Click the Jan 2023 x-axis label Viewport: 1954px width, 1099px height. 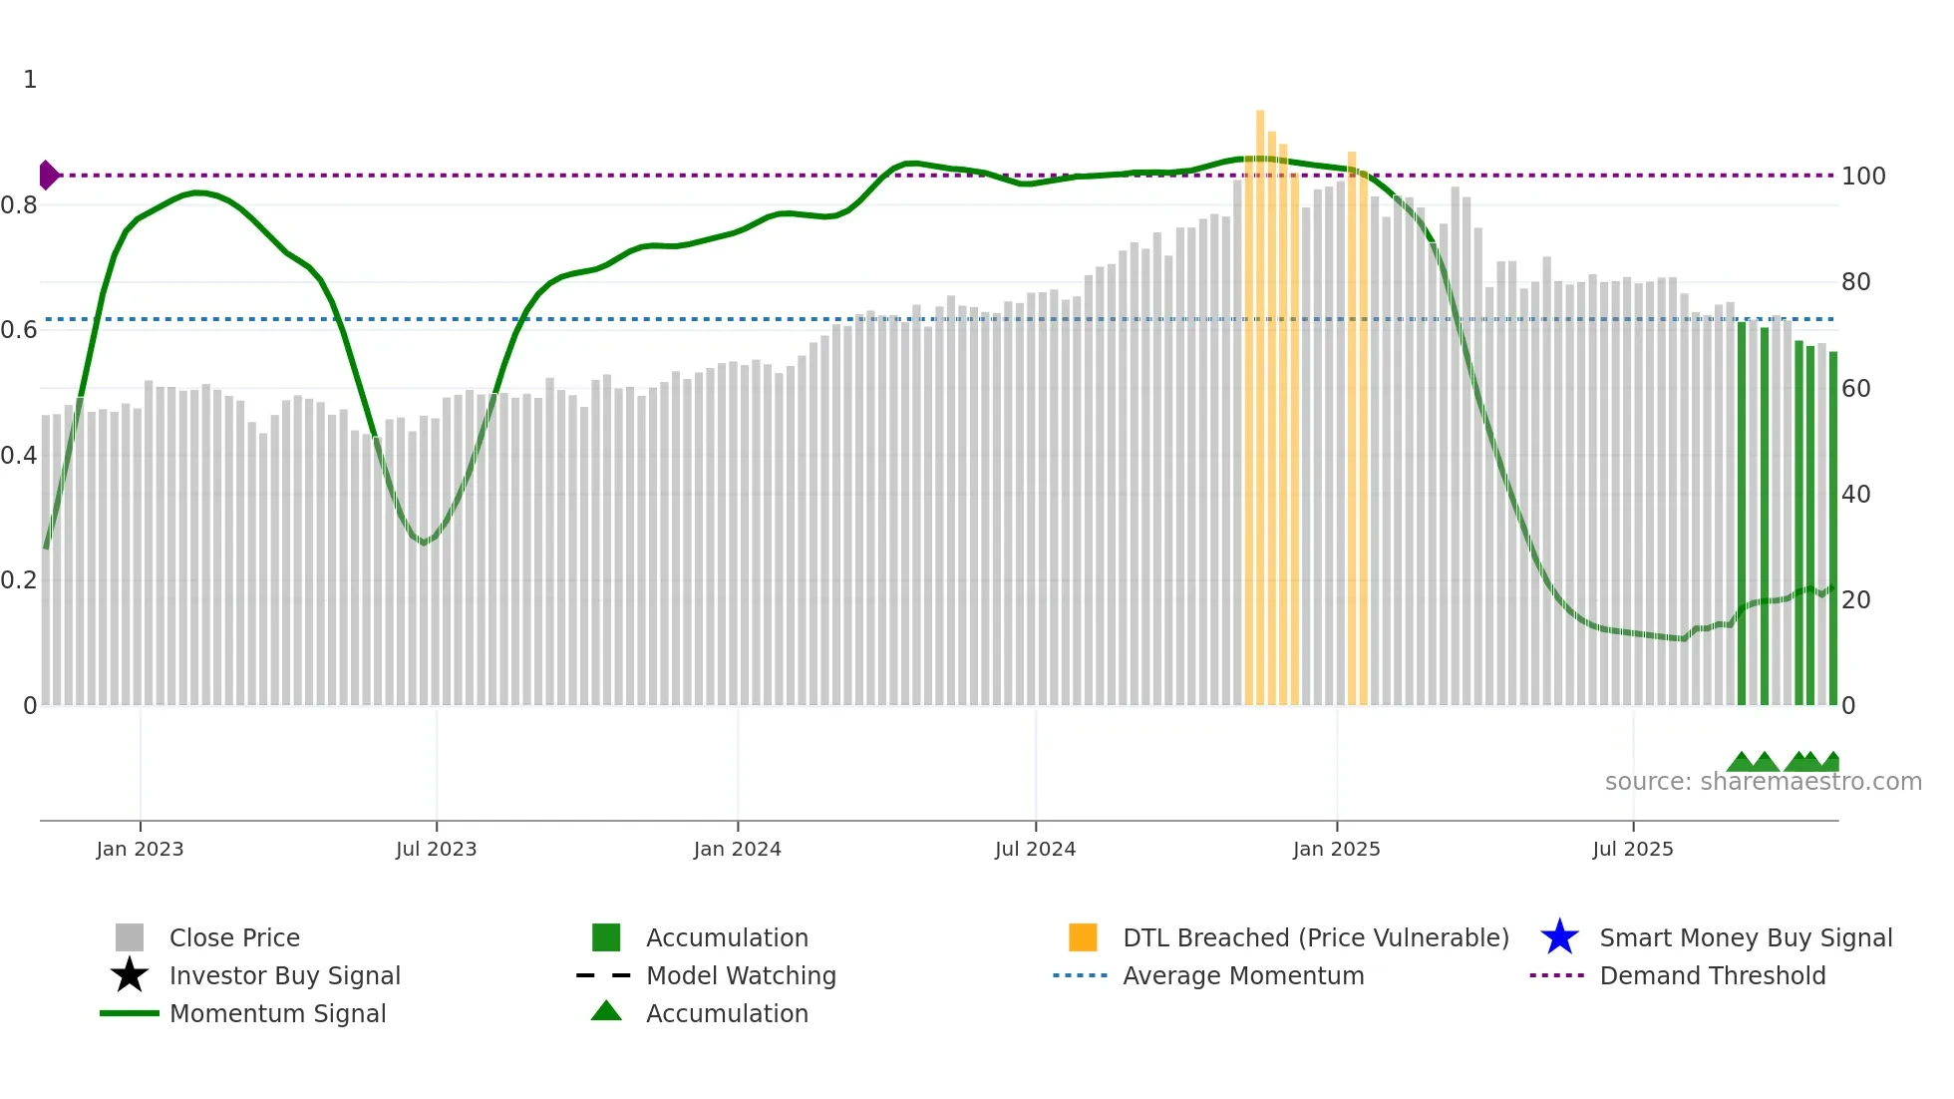[x=140, y=850]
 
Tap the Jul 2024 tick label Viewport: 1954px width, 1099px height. [x=1035, y=850]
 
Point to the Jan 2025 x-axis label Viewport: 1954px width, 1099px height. [x=1336, y=850]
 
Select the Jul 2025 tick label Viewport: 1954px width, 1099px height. [x=1632, y=850]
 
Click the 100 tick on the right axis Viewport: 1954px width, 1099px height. [x=1862, y=177]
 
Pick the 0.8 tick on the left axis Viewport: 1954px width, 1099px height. [x=20, y=205]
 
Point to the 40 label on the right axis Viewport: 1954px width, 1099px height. [x=1855, y=495]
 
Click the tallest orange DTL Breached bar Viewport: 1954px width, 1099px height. [x=1260, y=399]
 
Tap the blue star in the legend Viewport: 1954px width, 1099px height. [x=1559, y=937]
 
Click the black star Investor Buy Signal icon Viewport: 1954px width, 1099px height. [x=130, y=975]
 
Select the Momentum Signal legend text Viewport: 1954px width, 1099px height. [x=277, y=1013]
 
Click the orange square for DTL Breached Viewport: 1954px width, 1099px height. [x=1083, y=937]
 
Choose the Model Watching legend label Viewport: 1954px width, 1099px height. [x=741, y=975]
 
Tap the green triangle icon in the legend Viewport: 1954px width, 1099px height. [x=606, y=1011]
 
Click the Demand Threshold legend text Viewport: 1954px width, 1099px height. [x=1712, y=975]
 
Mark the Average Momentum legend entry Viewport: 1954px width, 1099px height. [x=1242, y=975]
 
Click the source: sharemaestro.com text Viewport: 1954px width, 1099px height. [x=1763, y=782]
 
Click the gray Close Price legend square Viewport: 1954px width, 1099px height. [x=130, y=937]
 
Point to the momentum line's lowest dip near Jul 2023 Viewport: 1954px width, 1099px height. [x=424, y=543]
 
